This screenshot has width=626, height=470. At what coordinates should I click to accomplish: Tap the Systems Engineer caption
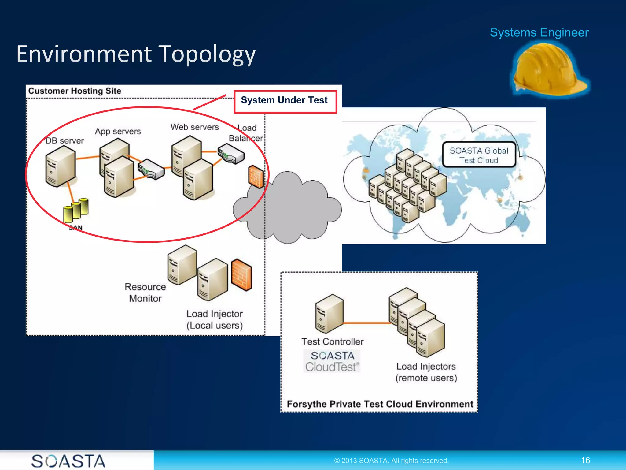(x=539, y=32)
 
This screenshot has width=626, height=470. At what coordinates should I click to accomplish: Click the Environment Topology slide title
(x=136, y=54)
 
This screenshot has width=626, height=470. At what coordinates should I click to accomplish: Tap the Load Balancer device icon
(x=231, y=154)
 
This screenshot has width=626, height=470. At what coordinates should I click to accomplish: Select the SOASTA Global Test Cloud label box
(x=479, y=155)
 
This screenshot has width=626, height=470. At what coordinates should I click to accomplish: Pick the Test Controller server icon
(x=329, y=314)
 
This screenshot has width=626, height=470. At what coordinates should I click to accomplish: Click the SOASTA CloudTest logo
(x=332, y=361)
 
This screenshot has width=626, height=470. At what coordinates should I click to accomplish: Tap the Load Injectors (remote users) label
(x=426, y=372)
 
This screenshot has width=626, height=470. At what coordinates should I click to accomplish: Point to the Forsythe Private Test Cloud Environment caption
(x=380, y=404)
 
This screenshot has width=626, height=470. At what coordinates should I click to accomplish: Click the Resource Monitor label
(x=145, y=293)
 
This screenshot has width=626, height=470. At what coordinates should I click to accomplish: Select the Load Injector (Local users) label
(x=215, y=319)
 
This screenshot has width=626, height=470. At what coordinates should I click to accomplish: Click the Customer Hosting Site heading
(x=75, y=91)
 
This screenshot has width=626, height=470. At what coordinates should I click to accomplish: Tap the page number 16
(x=585, y=460)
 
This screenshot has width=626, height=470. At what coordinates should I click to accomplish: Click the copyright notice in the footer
(x=391, y=461)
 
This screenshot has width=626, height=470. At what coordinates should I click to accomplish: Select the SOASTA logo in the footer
(x=68, y=461)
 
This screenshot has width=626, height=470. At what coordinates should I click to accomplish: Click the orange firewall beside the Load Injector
(x=241, y=274)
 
